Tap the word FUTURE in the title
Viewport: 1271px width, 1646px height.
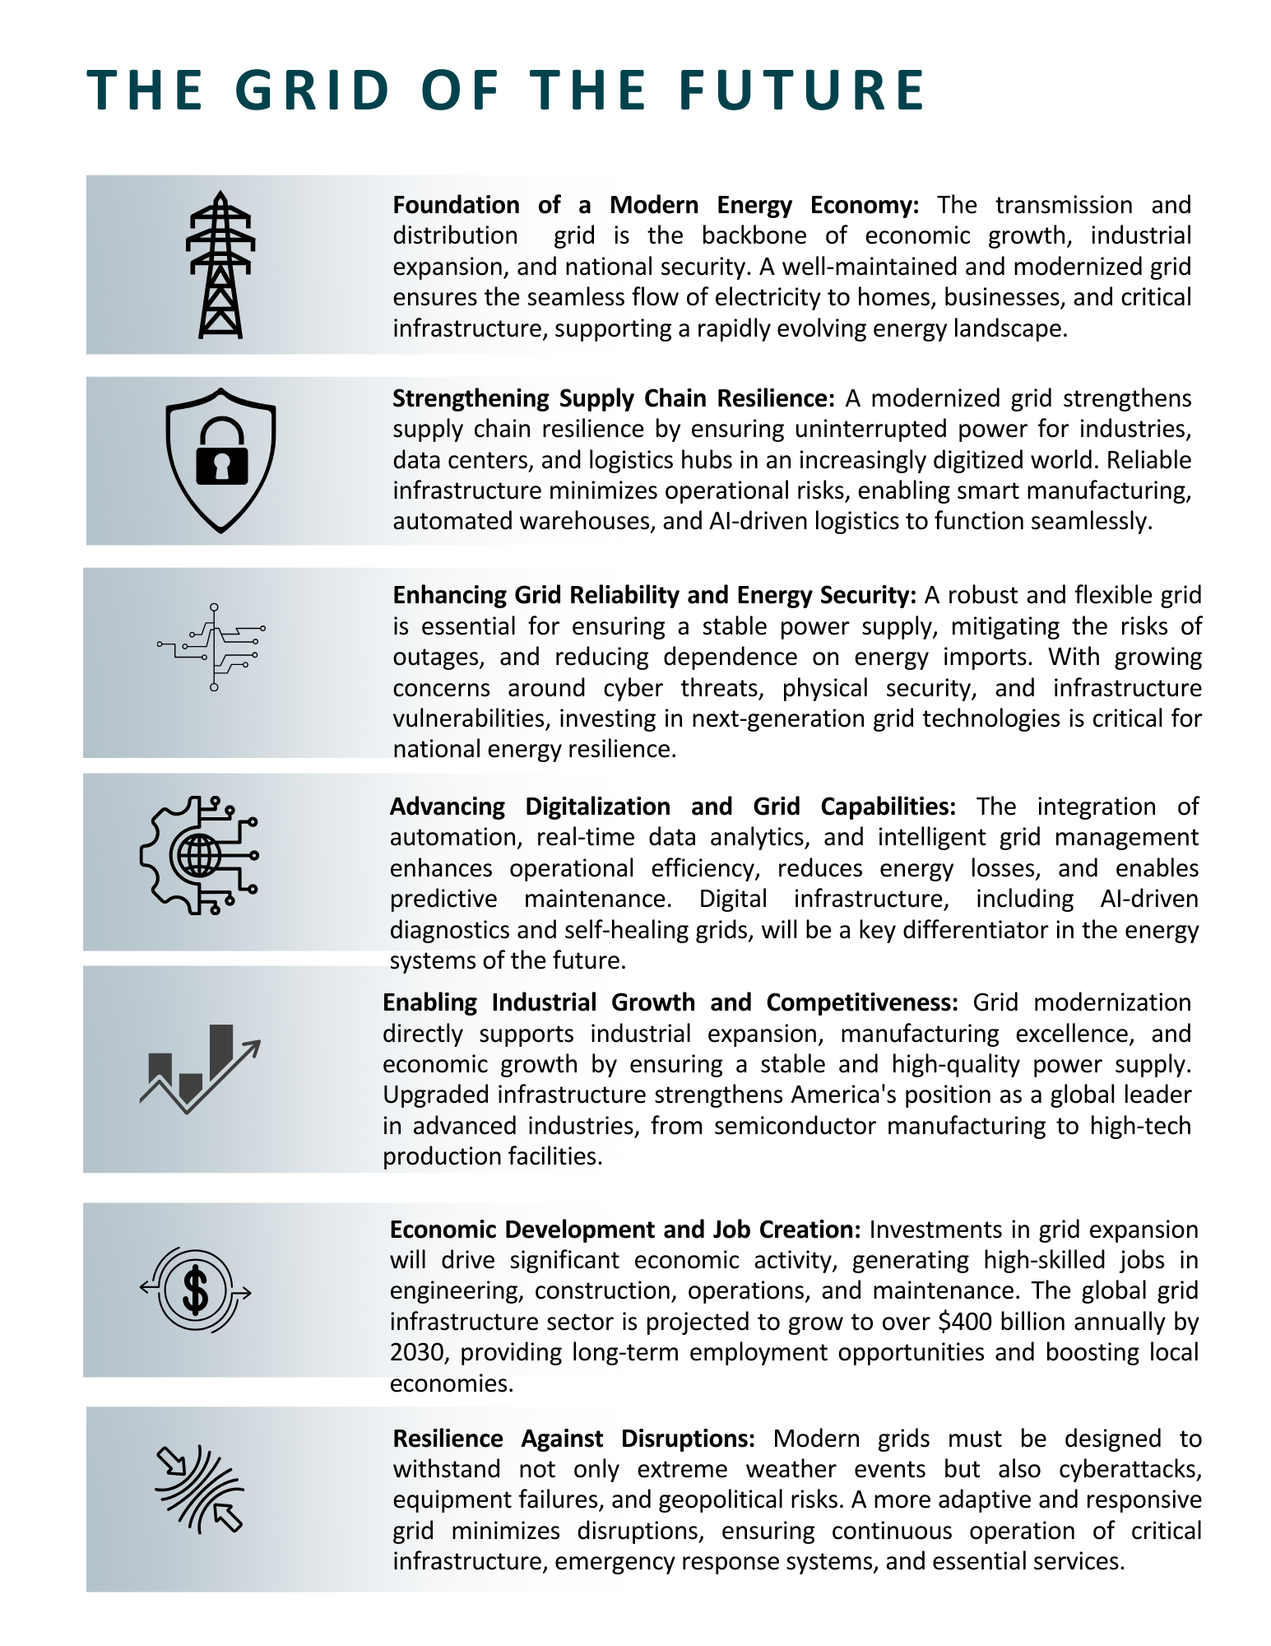(802, 90)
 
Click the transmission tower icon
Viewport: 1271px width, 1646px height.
(220, 265)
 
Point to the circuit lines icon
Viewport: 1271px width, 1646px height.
(212, 647)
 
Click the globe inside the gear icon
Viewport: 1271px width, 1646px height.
(198, 855)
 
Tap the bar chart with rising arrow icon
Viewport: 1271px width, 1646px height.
(200, 1068)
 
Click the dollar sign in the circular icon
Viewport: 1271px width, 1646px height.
(196, 1290)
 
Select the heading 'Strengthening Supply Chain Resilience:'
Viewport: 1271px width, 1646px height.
(614, 398)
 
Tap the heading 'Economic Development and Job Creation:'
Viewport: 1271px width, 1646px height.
(625, 1230)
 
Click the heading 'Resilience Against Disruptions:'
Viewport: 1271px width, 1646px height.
(573, 1439)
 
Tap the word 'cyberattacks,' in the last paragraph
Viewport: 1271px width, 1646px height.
(1130, 1469)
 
